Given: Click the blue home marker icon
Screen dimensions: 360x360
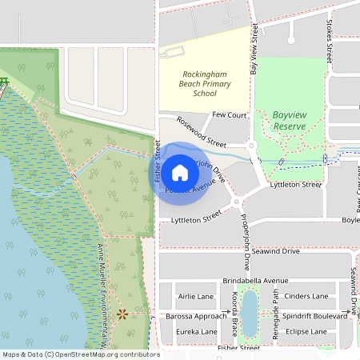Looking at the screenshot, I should coord(180,172).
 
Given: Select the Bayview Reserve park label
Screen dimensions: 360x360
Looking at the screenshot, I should coord(290,121).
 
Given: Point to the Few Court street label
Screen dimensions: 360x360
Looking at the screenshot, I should coord(230,115).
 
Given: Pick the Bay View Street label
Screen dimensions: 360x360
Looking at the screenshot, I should coord(255,49).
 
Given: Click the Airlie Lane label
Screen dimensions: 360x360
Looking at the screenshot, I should coord(196,296).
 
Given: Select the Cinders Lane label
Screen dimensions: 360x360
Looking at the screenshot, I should coord(306,296).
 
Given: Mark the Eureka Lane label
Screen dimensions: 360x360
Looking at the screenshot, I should coord(197,331).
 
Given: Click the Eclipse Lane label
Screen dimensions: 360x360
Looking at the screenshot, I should coord(307,331).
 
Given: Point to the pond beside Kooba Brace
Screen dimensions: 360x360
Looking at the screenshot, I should coord(250,311).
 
